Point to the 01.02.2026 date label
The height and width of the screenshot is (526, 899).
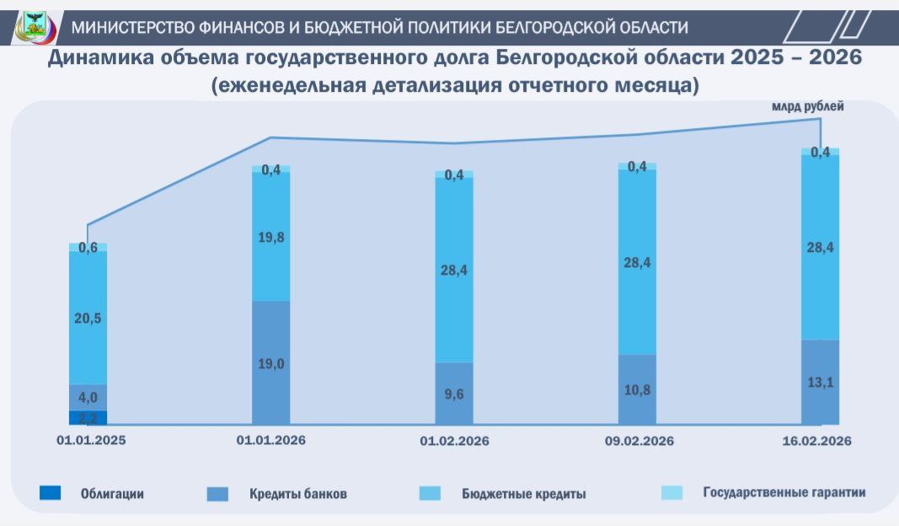pos(454,441)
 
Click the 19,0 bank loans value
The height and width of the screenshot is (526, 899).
pos(271,364)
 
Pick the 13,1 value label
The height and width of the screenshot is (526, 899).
pos(820,381)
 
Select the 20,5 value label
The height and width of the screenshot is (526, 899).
pos(88,318)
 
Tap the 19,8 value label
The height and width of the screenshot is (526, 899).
pos(271,238)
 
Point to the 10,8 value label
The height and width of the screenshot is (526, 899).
pos(637,389)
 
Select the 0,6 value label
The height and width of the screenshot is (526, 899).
pos(88,248)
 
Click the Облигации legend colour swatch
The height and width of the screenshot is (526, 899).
pos(50,493)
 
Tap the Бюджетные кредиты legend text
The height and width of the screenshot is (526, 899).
pos(523,493)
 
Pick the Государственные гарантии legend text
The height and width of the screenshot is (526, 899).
pos(784,492)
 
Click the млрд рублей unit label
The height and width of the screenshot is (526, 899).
pos(807,107)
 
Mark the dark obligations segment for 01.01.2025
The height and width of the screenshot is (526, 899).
pos(88,417)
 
